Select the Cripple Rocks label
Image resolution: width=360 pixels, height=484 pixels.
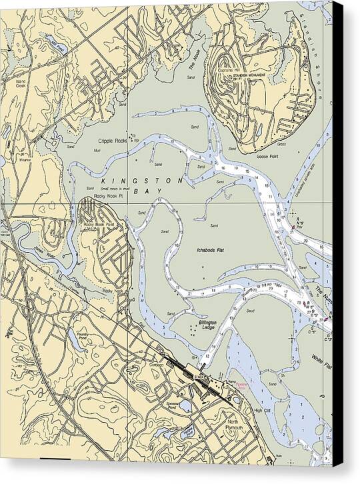112,141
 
